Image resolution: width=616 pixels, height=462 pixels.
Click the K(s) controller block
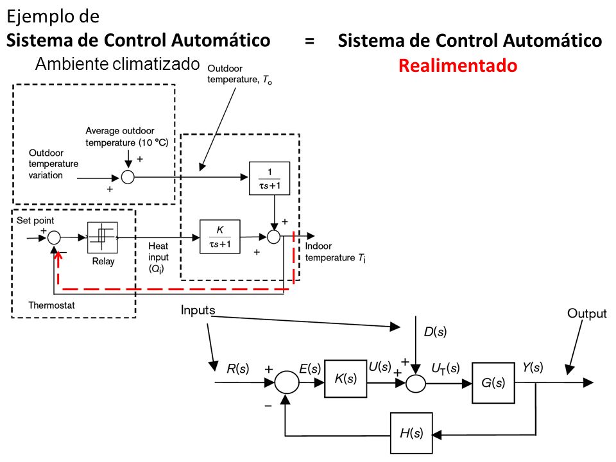(x=346, y=379)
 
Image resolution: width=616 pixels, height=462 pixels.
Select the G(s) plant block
(x=493, y=382)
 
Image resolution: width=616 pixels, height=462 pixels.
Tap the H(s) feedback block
(x=411, y=433)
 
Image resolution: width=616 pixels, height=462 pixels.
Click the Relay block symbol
(x=103, y=237)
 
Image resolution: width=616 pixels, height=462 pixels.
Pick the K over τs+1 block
(x=220, y=237)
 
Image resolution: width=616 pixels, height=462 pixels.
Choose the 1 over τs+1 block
(x=269, y=178)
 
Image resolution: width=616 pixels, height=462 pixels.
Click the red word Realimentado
(x=458, y=65)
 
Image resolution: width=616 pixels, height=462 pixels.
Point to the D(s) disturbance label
(x=435, y=332)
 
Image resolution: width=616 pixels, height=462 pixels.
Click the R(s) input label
(x=237, y=368)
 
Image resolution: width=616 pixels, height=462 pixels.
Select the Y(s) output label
(x=533, y=367)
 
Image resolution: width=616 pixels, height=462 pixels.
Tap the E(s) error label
(x=310, y=368)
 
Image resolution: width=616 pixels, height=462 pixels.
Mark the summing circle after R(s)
(x=287, y=382)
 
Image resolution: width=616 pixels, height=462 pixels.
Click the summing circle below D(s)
(x=415, y=383)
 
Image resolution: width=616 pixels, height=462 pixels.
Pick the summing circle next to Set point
(x=54, y=237)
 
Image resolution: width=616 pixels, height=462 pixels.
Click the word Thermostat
(x=51, y=305)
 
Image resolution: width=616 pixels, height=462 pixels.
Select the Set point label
(x=35, y=220)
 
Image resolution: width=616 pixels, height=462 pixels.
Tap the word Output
(x=587, y=314)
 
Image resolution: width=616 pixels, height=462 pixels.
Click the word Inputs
(x=198, y=311)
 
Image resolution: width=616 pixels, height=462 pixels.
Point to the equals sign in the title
(x=309, y=41)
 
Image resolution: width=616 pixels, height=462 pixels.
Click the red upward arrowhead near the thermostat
(x=58, y=255)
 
